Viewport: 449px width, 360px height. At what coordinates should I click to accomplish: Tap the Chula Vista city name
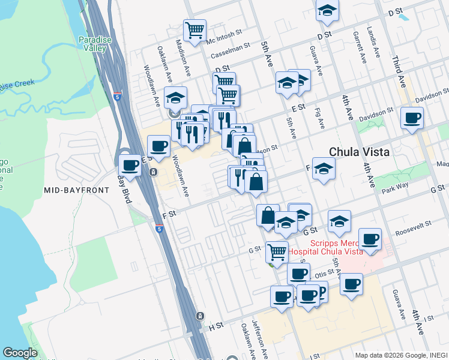pyautogui.click(x=359, y=152)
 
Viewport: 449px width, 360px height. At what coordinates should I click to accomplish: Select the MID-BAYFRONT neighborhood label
pyautogui.click(x=77, y=190)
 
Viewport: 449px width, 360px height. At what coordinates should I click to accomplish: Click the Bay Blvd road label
pyautogui.click(x=124, y=189)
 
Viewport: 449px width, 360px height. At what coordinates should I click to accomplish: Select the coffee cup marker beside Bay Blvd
pyautogui.click(x=130, y=165)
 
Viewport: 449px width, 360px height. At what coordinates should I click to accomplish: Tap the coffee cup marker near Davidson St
pyautogui.click(x=412, y=118)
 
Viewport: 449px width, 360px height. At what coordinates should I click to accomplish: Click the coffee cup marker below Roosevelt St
pyautogui.click(x=370, y=238)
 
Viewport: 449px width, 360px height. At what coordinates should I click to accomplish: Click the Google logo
pyautogui.click(x=20, y=352)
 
